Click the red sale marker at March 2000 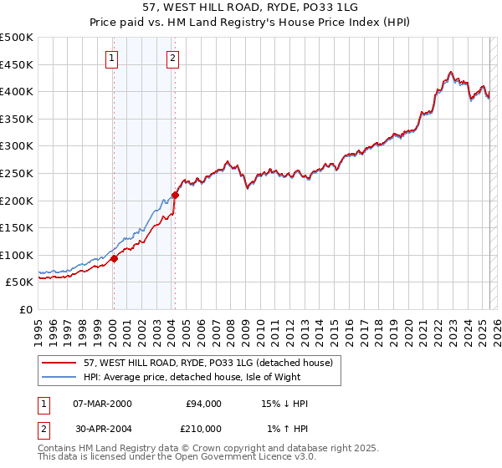click(x=114, y=258)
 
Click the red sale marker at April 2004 click(x=175, y=195)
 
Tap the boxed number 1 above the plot click(x=111, y=58)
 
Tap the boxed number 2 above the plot click(x=172, y=58)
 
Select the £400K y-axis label click(x=18, y=92)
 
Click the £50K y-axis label click(x=20, y=282)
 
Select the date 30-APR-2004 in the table click(x=102, y=429)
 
